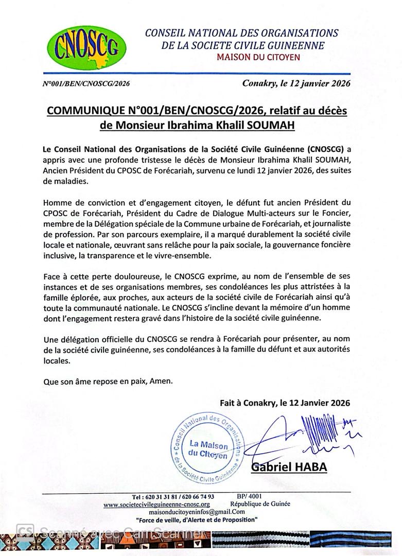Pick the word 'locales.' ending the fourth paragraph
pyautogui.click(x=57, y=361)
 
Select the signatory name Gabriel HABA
pyautogui.click(x=289, y=467)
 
